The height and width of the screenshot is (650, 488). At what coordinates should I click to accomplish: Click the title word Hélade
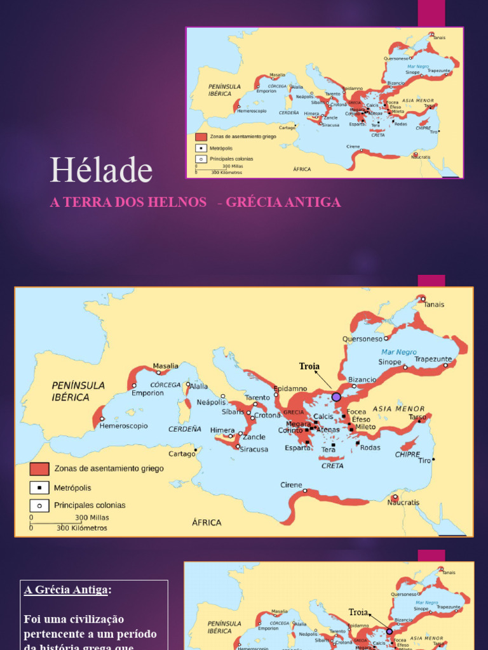(101, 170)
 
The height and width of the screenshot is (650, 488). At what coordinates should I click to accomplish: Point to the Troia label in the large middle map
(309, 366)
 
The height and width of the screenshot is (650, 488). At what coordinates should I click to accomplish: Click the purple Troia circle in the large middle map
(336, 397)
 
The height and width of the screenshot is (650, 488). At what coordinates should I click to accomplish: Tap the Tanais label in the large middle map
(434, 305)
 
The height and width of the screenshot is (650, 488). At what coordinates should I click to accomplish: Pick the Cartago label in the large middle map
(181, 454)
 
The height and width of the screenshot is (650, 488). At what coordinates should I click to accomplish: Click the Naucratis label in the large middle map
(403, 503)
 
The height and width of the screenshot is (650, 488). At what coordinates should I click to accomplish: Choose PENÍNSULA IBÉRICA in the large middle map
(78, 391)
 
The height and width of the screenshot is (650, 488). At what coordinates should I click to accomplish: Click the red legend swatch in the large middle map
(39, 468)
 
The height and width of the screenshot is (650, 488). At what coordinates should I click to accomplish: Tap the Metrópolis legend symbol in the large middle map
(39, 487)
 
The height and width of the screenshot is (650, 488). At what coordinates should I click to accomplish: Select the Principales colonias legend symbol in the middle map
(39, 506)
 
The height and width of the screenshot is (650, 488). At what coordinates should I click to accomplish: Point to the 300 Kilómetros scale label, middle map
(82, 527)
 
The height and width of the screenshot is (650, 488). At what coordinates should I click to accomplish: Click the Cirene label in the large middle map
(291, 485)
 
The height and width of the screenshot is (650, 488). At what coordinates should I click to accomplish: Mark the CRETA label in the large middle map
(332, 466)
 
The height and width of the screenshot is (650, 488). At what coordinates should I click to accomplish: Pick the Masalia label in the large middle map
(165, 366)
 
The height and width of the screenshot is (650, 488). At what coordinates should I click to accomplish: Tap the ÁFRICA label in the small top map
(302, 169)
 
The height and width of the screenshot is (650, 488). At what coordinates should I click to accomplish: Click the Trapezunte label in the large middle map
(433, 359)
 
